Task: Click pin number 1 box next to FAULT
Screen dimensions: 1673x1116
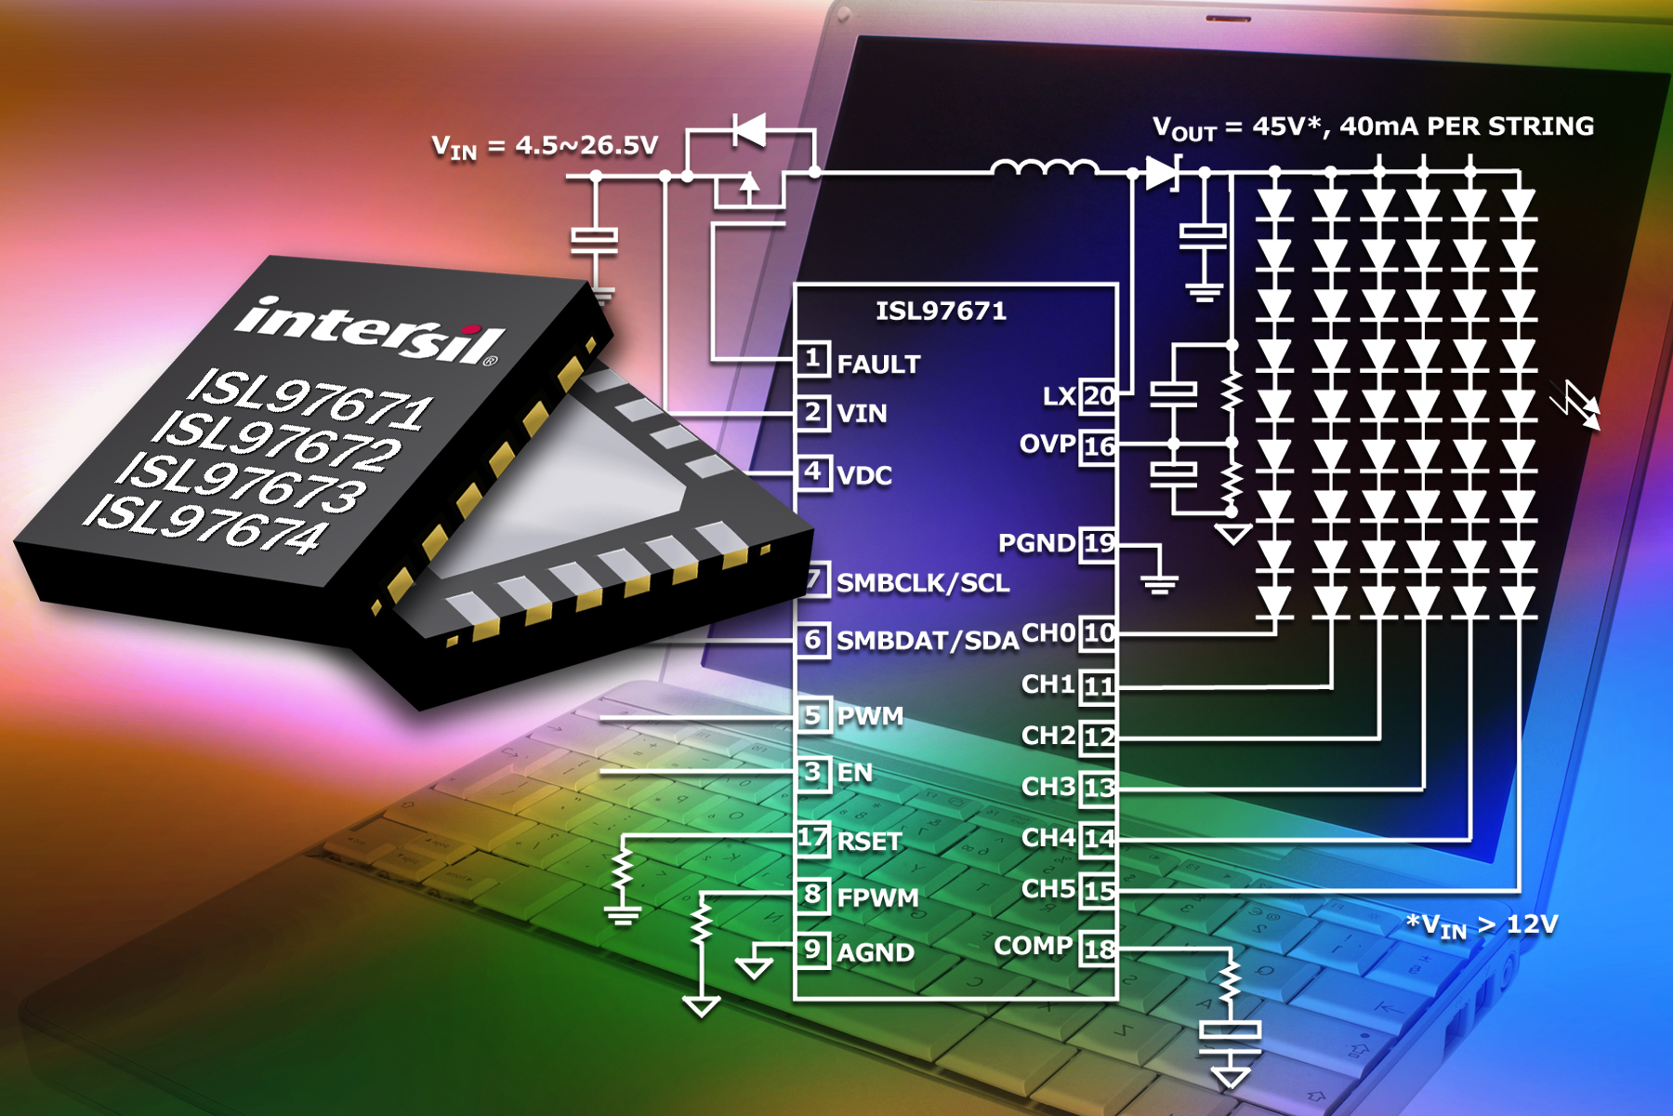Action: (x=813, y=359)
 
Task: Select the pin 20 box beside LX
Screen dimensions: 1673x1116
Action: (x=1099, y=396)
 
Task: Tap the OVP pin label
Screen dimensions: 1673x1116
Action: (x=1047, y=445)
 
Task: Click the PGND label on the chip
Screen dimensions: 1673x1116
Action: (x=1036, y=543)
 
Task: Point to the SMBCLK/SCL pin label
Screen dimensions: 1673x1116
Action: (x=923, y=583)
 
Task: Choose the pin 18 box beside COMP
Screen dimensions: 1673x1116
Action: (x=1099, y=950)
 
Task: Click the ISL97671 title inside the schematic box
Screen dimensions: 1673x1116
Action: (x=941, y=311)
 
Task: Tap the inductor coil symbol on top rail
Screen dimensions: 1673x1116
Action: (x=1044, y=167)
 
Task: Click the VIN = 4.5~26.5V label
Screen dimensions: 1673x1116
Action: (x=545, y=147)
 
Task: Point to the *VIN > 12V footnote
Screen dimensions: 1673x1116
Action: (x=1482, y=926)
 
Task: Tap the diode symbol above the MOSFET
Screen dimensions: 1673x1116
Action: (x=749, y=130)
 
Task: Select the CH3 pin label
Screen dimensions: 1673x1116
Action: (x=1048, y=787)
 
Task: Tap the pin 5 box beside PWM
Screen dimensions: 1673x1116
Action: (x=813, y=715)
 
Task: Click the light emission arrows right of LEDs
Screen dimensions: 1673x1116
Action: (x=1576, y=405)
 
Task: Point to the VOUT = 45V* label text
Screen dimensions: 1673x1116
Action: (x=1237, y=127)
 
